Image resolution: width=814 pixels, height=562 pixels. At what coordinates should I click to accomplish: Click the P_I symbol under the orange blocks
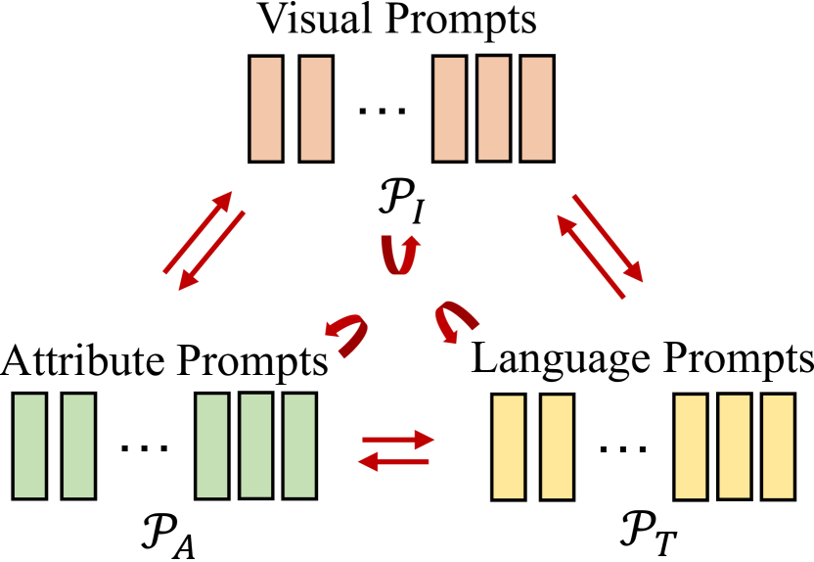(x=402, y=211)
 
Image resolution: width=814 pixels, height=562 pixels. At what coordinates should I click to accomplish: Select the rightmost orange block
(x=537, y=108)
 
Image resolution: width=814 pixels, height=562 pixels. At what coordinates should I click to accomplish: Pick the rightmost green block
(x=300, y=445)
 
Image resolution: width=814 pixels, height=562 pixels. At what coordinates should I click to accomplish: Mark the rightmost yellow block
(x=778, y=445)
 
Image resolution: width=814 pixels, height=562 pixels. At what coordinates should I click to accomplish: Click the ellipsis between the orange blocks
(x=383, y=112)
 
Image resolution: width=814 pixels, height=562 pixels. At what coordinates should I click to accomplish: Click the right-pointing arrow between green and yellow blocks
(x=396, y=439)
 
